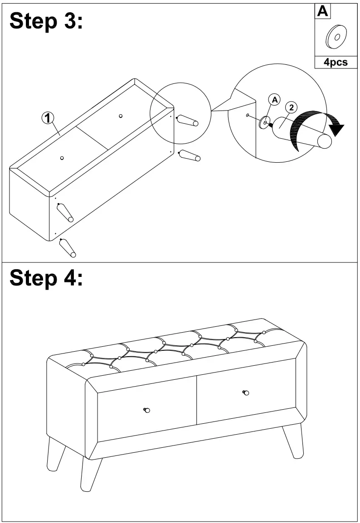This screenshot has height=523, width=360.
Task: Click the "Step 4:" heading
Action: [x=46, y=277]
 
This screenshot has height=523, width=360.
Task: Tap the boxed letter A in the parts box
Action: [x=322, y=11]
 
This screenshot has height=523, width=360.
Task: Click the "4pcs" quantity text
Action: [x=336, y=63]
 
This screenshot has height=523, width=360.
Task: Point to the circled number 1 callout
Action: [x=48, y=118]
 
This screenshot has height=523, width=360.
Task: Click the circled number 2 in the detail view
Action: [x=291, y=107]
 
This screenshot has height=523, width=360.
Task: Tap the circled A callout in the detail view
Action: [x=274, y=100]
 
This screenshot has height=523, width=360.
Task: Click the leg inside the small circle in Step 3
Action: [x=187, y=121]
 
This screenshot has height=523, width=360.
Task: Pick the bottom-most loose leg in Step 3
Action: [x=68, y=247]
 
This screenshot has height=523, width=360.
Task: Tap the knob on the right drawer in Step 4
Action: [x=246, y=392]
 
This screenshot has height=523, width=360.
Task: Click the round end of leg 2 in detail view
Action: [x=325, y=141]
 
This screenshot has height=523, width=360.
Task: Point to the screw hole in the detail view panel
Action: [x=248, y=115]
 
